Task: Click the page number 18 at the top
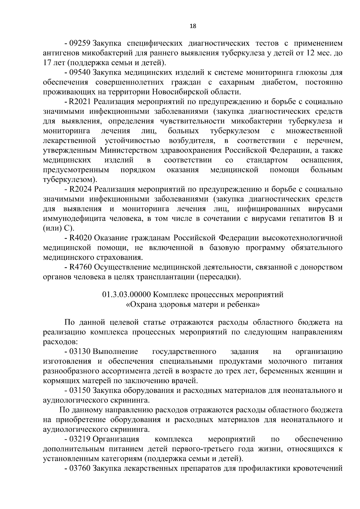click(x=193, y=26)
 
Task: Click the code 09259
click(x=80, y=43)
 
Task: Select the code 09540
click(x=80, y=73)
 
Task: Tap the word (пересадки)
click(x=219, y=277)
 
